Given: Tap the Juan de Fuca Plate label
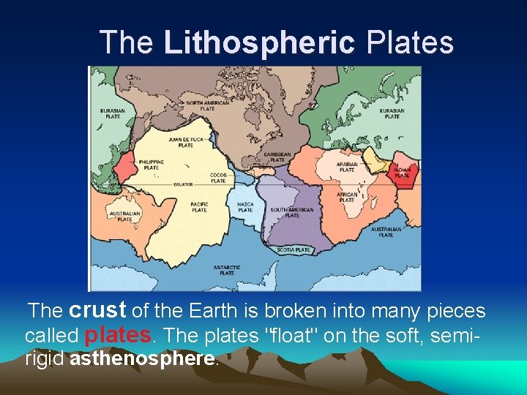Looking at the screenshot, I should (186, 142).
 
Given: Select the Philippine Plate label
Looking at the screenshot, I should (153, 165).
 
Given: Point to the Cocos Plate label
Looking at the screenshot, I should (219, 178).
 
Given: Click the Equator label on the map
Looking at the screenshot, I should (183, 184).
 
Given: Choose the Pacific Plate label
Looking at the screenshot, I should (199, 207).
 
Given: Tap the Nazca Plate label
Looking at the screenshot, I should (245, 207).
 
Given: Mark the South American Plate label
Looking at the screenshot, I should (291, 213).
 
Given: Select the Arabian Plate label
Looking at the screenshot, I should (346, 168).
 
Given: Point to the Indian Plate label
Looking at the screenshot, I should (402, 173).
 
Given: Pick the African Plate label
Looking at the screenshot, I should (347, 197).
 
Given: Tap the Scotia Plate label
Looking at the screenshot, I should (293, 250).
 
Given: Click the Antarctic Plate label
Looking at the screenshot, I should (226, 271).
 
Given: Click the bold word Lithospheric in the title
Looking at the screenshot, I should (259, 42).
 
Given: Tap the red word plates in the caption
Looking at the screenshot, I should (118, 335).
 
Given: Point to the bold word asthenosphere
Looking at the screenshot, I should (143, 359).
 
